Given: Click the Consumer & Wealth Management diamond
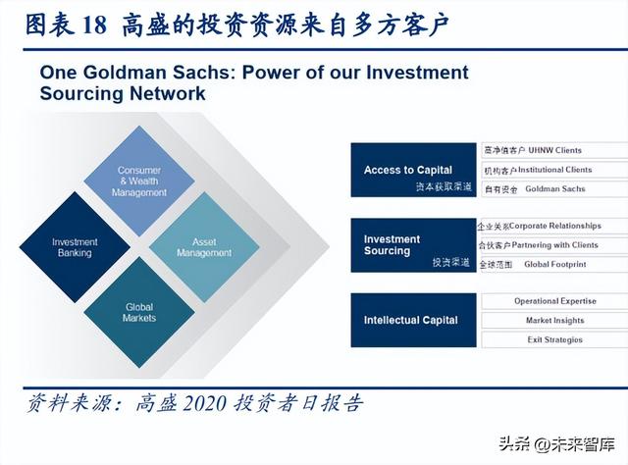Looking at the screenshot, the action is (x=139, y=181).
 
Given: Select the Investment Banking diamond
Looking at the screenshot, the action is (x=75, y=247).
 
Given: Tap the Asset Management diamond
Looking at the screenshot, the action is (x=204, y=247).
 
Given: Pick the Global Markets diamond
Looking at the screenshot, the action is (x=139, y=312).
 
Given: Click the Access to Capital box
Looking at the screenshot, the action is (x=413, y=170).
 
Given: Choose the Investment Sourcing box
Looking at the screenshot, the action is (x=413, y=245).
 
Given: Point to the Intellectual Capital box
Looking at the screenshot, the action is (x=413, y=320).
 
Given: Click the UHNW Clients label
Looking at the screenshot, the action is (x=554, y=151).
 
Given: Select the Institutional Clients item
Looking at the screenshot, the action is (x=554, y=170).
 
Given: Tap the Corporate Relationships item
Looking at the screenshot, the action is (x=555, y=226).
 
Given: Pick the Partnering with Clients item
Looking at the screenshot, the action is (x=554, y=245).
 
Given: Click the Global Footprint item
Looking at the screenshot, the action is (x=555, y=264).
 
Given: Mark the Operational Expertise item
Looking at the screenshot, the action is (x=555, y=301).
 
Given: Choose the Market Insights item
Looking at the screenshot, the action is (x=555, y=321).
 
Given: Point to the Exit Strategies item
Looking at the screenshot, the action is (x=555, y=339).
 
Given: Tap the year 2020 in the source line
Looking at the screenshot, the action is (x=204, y=403).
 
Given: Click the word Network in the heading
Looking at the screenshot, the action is (x=168, y=93).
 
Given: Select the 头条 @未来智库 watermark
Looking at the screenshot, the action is (x=557, y=444).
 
